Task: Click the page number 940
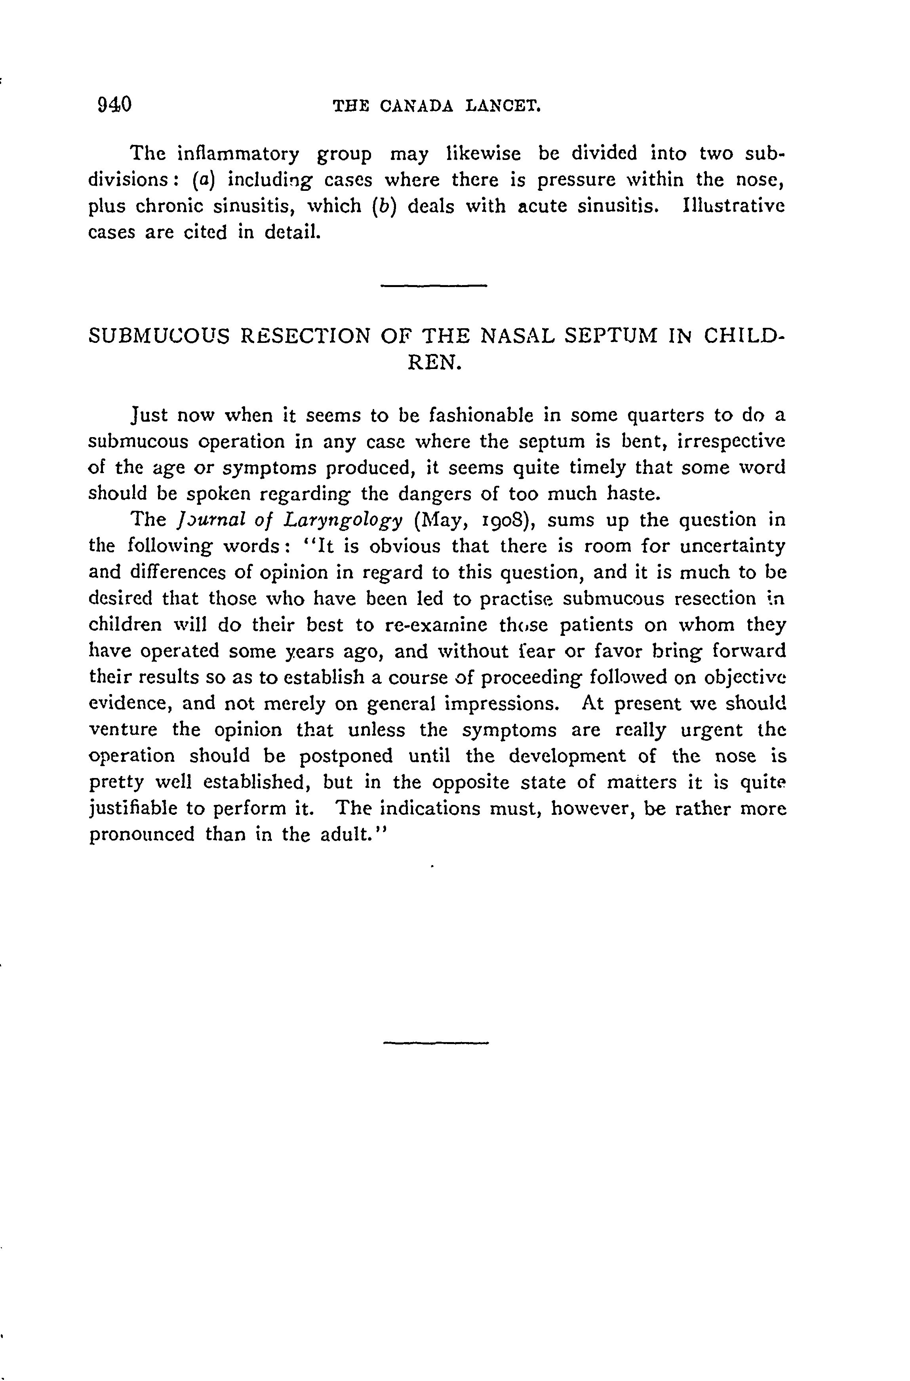[x=115, y=105]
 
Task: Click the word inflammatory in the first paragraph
[x=238, y=154]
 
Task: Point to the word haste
[x=633, y=494]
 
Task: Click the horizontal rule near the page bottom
[x=436, y=1043]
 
